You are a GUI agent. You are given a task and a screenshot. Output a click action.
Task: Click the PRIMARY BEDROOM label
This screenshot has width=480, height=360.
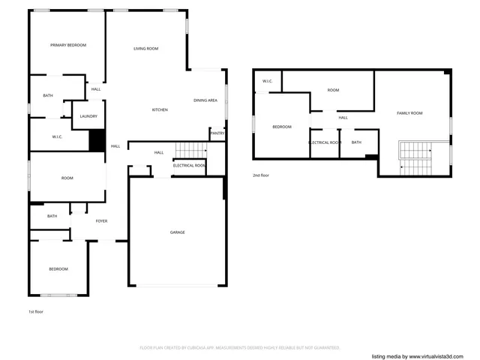(67, 45)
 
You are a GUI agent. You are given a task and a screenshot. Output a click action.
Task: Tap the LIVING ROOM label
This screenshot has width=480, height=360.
(145, 49)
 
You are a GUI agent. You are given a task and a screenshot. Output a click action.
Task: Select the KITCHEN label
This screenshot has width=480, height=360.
(160, 110)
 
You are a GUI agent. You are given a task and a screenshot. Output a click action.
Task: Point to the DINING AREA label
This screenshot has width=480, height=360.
(205, 100)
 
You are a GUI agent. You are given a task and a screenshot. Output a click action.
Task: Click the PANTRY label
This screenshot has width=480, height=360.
(217, 133)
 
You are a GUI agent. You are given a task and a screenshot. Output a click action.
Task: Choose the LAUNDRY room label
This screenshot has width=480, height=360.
(88, 116)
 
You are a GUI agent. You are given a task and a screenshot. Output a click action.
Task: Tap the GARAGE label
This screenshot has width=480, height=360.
(177, 232)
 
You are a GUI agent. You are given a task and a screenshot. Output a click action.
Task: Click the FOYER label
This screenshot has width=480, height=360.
(101, 220)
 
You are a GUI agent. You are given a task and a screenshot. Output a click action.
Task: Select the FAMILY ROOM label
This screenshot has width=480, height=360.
(409, 112)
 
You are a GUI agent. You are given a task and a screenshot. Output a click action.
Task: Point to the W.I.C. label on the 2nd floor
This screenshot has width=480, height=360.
(267, 81)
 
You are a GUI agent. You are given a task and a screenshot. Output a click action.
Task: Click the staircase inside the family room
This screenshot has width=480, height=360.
(415, 157)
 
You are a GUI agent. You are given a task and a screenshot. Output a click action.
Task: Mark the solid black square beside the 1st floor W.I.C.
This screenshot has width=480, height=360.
(97, 141)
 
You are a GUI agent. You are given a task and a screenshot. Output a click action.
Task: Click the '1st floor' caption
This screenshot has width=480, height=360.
(36, 311)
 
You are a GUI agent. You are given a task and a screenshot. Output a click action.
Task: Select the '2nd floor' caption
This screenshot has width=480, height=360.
(260, 175)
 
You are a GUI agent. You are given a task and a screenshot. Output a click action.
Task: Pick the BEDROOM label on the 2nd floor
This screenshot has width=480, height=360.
(281, 127)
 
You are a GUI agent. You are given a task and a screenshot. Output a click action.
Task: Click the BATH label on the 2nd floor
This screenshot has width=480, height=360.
(356, 142)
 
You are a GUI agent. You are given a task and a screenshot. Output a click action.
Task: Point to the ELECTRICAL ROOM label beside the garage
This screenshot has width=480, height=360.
(189, 165)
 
